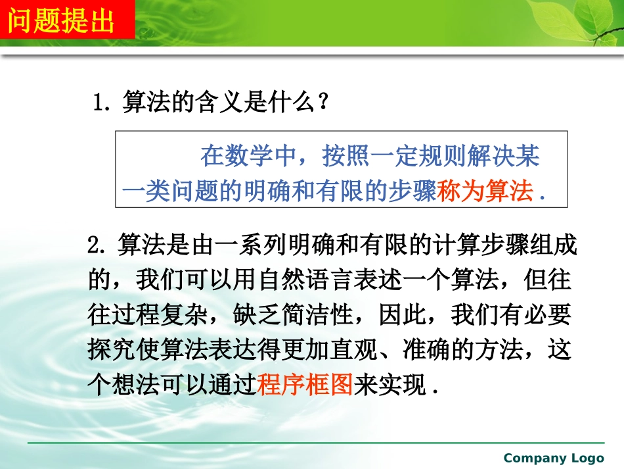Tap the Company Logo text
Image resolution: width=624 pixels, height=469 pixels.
point(554,458)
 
